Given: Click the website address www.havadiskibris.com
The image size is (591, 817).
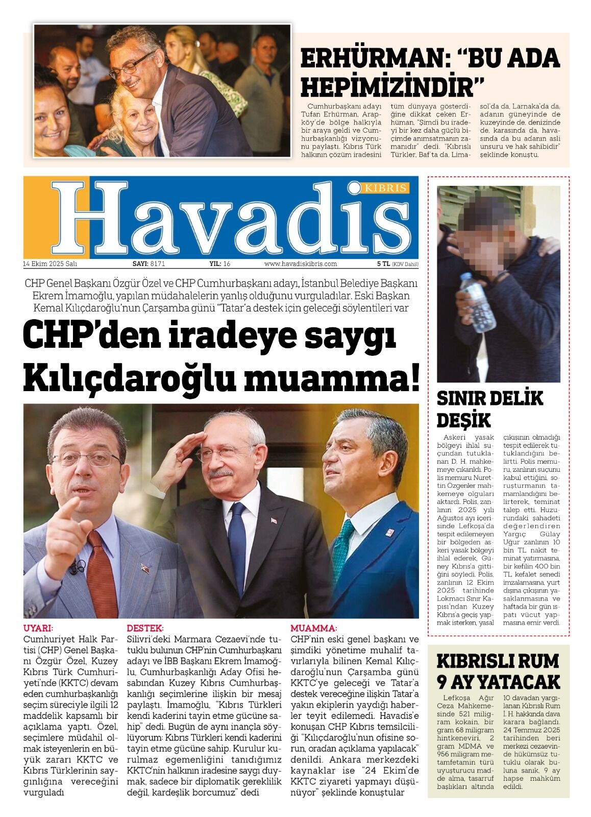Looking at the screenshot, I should click(301, 264).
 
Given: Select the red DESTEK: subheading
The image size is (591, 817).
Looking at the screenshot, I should click(145, 628).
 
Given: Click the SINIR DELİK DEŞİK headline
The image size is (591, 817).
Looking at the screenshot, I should click(489, 408).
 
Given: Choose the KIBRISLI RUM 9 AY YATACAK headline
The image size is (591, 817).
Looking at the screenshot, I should click(498, 671).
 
